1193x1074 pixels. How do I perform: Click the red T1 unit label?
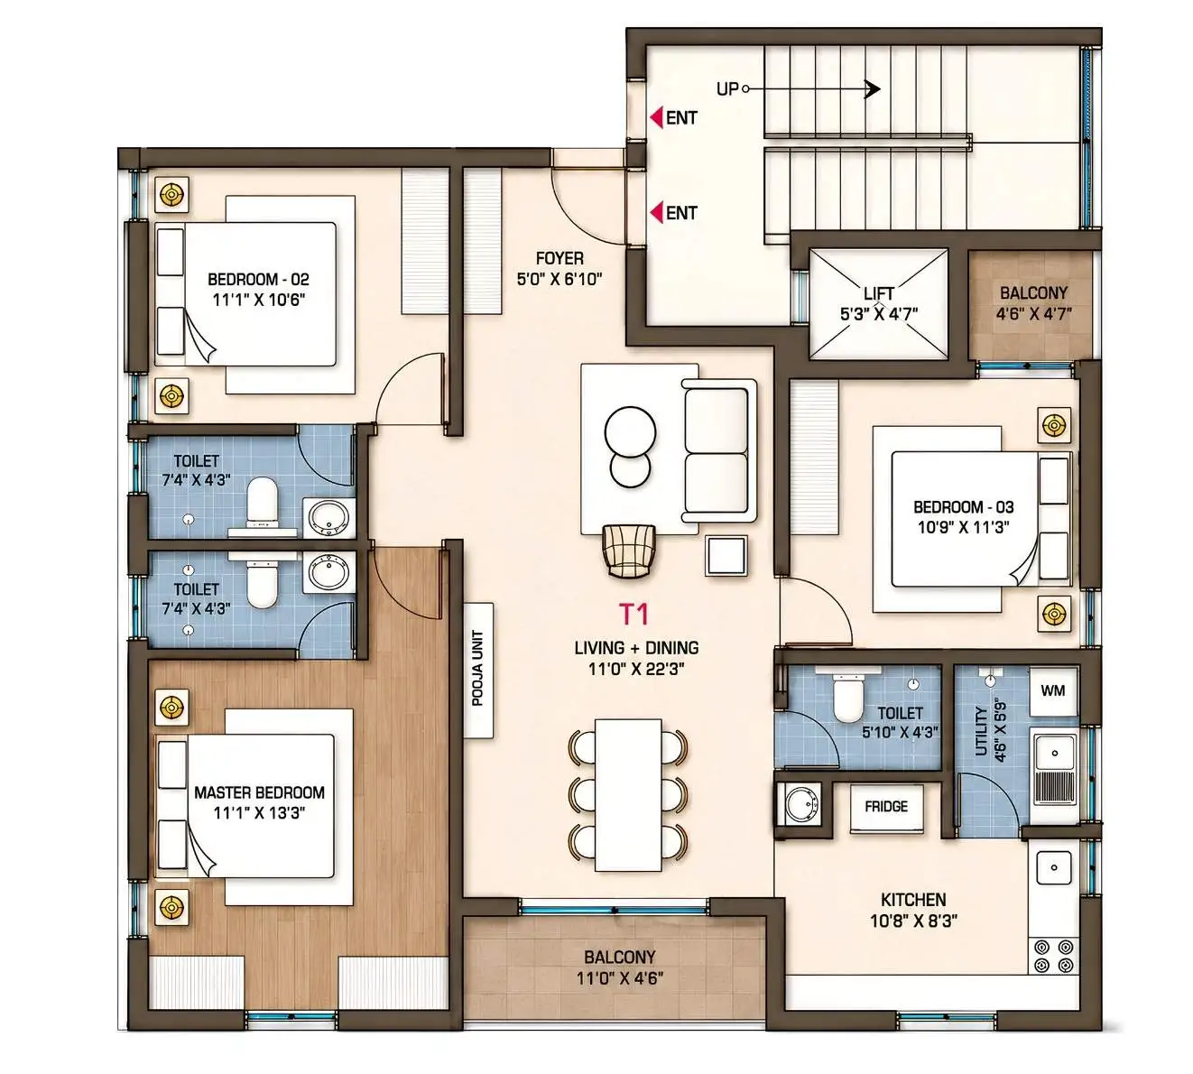tap(633, 614)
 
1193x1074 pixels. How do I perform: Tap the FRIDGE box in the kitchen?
tap(886, 808)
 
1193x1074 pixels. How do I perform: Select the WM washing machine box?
tap(1053, 690)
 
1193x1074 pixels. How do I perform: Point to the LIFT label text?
tap(878, 294)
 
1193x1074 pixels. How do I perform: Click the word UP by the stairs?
tap(727, 89)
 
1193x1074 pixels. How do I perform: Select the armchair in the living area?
tap(629, 551)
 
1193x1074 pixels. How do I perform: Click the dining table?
tap(628, 795)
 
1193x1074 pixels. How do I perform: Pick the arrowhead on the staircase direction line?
tap(873, 89)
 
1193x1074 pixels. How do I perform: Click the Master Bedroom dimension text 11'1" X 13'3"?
tap(259, 813)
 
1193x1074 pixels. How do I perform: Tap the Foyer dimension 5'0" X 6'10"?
tap(560, 279)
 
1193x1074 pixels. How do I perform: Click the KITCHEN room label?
tap(913, 900)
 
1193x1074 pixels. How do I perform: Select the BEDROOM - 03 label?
tap(964, 507)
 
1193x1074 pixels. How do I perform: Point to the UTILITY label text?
tap(981, 731)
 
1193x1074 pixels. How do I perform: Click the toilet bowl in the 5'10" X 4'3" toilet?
tap(847, 699)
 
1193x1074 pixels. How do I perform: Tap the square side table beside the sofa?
tap(726, 556)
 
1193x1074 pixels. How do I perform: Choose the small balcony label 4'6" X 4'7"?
tap(1033, 313)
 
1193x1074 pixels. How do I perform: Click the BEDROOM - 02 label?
tap(258, 279)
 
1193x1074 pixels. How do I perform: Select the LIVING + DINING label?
tap(636, 647)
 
